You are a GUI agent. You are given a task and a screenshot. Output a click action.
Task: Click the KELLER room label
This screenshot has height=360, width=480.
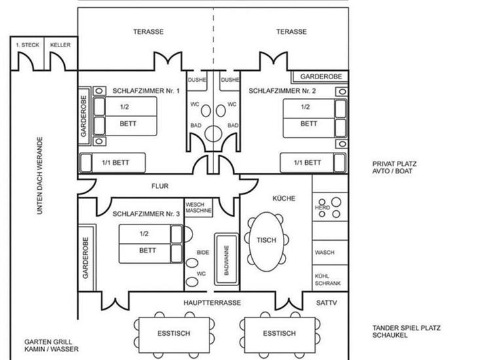click(60, 45)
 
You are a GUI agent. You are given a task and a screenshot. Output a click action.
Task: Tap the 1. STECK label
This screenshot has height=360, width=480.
click(27, 45)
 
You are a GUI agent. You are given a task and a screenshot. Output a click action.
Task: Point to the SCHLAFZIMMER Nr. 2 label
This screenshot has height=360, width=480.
click(282, 91)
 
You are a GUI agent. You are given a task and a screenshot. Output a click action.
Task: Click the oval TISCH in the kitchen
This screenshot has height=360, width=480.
click(267, 240)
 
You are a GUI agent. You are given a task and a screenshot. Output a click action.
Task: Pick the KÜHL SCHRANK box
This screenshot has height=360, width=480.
click(327, 279)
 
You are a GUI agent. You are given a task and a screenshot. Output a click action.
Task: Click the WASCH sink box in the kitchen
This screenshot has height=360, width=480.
click(325, 252)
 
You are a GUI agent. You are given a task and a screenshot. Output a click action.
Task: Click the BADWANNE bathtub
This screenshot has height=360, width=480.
click(227, 261)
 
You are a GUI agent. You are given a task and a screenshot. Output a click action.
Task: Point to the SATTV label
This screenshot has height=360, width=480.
click(325, 303)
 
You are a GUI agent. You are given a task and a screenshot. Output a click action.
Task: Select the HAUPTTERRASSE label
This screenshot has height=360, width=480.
click(212, 303)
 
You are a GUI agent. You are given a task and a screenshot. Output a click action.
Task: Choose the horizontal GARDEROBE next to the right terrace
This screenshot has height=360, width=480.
click(320, 77)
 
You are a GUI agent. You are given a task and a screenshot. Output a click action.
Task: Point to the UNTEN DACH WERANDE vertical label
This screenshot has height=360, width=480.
click(40, 177)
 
